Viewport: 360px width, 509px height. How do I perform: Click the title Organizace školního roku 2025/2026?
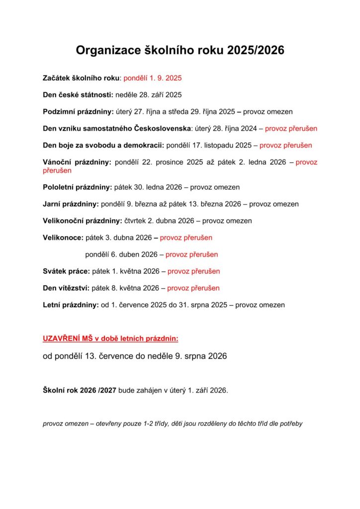click(180, 51)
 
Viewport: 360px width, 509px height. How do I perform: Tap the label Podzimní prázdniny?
click(78, 112)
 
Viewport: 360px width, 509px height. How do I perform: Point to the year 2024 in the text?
click(247, 129)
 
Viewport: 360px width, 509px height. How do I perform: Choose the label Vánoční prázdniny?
click(77, 162)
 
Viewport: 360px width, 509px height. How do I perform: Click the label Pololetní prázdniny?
click(78, 187)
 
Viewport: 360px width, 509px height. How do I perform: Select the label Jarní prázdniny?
click(71, 204)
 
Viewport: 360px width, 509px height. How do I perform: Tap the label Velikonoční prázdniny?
click(82, 221)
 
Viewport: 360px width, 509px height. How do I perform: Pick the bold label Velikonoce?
click(63, 238)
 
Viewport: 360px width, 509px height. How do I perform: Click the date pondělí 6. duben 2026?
click(121, 254)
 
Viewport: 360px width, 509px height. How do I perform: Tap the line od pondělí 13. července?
click(135, 356)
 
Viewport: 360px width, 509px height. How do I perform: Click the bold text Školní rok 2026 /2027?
click(80, 390)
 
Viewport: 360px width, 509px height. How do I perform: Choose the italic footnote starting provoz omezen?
click(173, 424)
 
